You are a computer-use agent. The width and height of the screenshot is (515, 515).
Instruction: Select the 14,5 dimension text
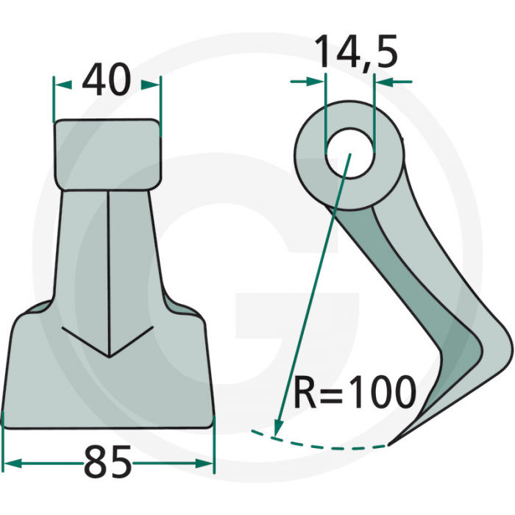click(x=356, y=53)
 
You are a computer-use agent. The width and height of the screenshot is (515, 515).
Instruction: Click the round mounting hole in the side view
click(x=349, y=155)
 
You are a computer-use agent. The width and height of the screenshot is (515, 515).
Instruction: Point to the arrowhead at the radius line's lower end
click(x=277, y=428)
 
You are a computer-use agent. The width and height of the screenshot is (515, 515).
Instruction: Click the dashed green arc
click(x=331, y=443)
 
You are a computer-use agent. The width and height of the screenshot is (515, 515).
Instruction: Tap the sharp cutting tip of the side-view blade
click(x=391, y=444)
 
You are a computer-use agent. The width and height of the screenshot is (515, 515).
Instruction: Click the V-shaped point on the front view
click(x=109, y=356)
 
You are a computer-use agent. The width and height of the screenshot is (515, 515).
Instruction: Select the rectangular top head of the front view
click(x=107, y=152)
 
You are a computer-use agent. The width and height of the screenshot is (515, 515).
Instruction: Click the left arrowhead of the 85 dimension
click(x=11, y=464)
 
